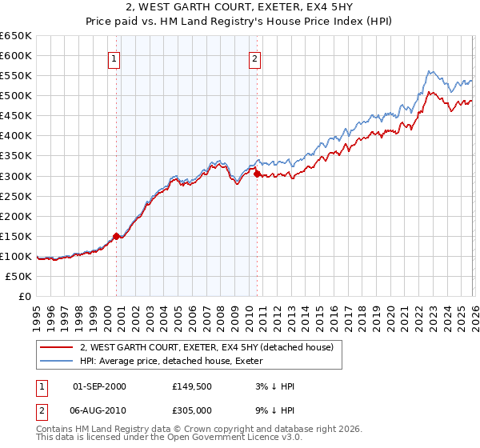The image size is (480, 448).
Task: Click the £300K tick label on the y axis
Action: tap(15, 176)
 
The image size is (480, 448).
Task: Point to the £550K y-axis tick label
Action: tap(15, 76)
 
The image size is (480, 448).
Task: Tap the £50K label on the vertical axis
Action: tap(18, 277)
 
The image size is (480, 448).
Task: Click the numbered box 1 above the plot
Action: tap(114, 58)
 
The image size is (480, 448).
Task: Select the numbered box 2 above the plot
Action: tap(254, 58)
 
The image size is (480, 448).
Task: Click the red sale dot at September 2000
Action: tap(116, 236)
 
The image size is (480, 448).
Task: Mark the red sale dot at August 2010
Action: tap(257, 173)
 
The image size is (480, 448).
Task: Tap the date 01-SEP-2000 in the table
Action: tap(99, 386)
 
